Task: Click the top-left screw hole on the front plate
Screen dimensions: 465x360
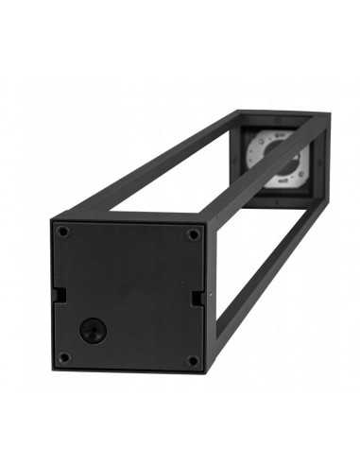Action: tap(63, 231)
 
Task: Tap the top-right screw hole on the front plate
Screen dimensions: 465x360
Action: tap(193, 233)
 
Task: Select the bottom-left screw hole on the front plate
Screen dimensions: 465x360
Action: tap(63, 357)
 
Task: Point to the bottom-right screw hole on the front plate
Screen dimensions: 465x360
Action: tap(192, 360)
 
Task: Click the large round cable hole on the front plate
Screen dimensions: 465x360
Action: tap(93, 330)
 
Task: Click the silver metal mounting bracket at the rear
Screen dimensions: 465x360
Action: tap(275, 157)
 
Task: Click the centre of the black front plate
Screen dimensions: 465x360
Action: tap(129, 294)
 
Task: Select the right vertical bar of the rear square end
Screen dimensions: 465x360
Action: tap(323, 161)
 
